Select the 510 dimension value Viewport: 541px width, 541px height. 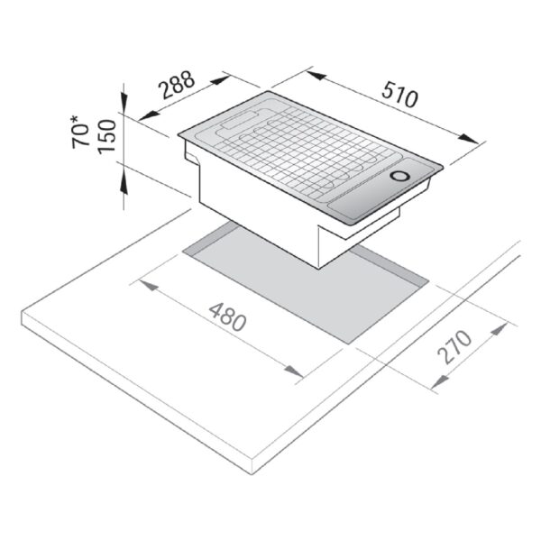[x=399, y=94]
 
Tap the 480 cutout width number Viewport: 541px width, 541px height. [x=228, y=316]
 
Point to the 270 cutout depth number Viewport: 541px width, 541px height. [x=454, y=346]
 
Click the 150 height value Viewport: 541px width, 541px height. [x=106, y=136]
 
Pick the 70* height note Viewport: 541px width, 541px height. [x=80, y=133]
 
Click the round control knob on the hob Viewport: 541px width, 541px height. [x=400, y=176]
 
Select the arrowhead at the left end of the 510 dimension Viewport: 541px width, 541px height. [x=316, y=75]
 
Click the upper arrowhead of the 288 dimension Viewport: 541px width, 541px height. [x=221, y=80]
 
